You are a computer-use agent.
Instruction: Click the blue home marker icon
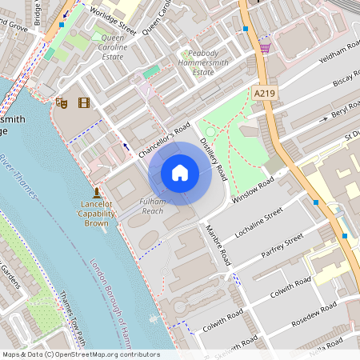click(x=180, y=172)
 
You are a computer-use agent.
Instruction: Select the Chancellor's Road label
click(x=164, y=140)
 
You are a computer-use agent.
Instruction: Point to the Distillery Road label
click(x=214, y=157)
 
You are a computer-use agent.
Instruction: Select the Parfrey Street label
click(x=278, y=249)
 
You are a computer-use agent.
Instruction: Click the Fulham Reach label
click(x=152, y=206)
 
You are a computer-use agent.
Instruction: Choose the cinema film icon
click(x=84, y=102)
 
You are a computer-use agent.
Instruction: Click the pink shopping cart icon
click(x=265, y=49)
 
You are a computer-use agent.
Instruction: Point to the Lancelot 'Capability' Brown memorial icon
click(x=97, y=193)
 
